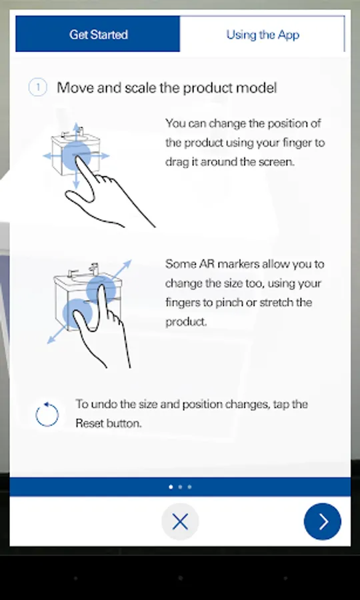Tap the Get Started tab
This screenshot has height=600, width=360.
click(97, 34)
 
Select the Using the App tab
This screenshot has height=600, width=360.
click(263, 35)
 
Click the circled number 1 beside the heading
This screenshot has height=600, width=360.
click(37, 88)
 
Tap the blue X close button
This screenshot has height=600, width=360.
click(180, 521)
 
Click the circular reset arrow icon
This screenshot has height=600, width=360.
click(47, 415)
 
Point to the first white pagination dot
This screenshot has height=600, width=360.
click(171, 487)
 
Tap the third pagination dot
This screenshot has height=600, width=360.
click(190, 487)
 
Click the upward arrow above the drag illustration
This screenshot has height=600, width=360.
click(76, 131)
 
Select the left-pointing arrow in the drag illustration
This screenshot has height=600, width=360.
click(52, 156)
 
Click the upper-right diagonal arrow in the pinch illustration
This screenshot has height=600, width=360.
click(122, 269)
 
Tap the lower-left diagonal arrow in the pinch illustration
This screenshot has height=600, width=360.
click(56, 335)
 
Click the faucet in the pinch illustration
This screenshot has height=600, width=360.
click(93, 269)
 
